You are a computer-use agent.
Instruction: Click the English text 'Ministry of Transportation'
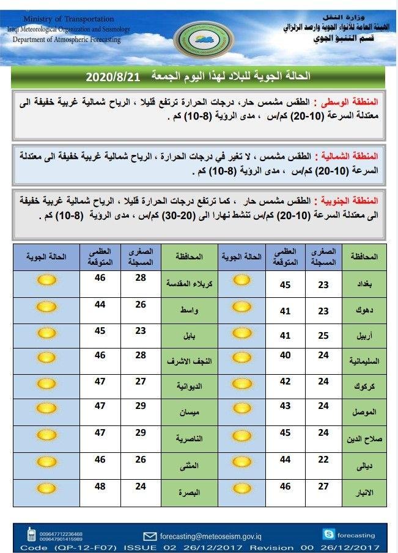pyautogui.click(x=68, y=20)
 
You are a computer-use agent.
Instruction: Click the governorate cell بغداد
pyautogui.click(x=365, y=284)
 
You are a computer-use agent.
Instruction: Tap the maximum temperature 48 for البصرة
pyautogui.click(x=100, y=486)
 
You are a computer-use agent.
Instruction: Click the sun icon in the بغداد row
pyautogui.click(x=243, y=281)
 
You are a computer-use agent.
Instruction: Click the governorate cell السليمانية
pyautogui.click(x=364, y=361)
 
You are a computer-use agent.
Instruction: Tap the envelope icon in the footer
pyautogui.click(x=149, y=536)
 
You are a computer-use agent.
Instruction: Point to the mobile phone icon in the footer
pyautogui.click(x=31, y=535)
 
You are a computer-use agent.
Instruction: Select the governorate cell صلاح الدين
pyautogui.click(x=365, y=439)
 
